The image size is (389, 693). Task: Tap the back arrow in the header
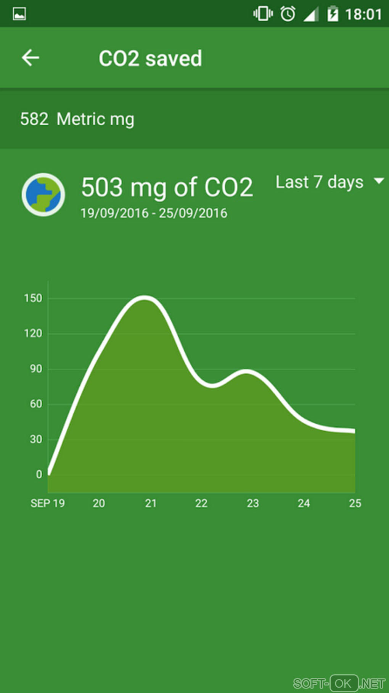(31, 58)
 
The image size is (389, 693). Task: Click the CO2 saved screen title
(150, 58)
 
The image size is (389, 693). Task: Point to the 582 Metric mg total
(77, 119)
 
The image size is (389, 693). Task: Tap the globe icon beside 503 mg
(43, 195)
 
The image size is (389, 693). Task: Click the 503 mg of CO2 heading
(167, 187)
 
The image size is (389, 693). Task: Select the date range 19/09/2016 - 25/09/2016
(154, 213)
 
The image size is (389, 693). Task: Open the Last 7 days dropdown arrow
(379, 181)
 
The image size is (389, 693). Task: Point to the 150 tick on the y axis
(33, 298)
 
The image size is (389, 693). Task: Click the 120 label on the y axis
(33, 334)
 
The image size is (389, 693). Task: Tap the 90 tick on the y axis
(36, 369)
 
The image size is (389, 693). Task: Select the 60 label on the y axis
(36, 404)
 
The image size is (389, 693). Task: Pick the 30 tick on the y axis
(36, 439)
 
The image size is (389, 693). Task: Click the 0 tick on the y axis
(39, 474)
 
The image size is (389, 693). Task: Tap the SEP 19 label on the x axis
(48, 504)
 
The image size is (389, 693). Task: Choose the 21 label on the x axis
(151, 504)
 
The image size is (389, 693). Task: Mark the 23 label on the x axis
(253, 504)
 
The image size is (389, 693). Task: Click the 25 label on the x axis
(355, 504)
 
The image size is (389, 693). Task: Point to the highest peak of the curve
(144, 298)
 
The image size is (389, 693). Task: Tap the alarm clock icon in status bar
(288, 14)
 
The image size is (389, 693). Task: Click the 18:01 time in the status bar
(363, 15)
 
